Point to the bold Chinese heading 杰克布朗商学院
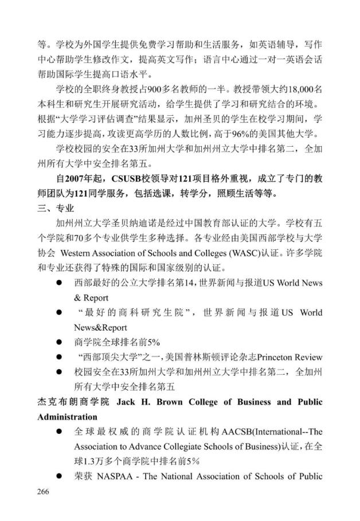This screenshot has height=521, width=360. click(x=71, y=402)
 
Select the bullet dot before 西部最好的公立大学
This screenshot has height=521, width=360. click(x=58, y=283)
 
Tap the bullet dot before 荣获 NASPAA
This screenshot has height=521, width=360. click(x=58, y=476)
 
